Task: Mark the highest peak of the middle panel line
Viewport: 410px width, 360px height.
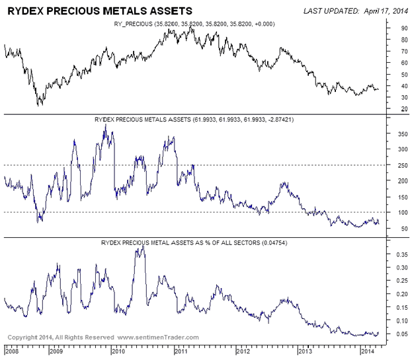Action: [x=106, y=125]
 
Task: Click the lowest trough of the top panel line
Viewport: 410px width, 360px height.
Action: [x=39, y=104]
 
